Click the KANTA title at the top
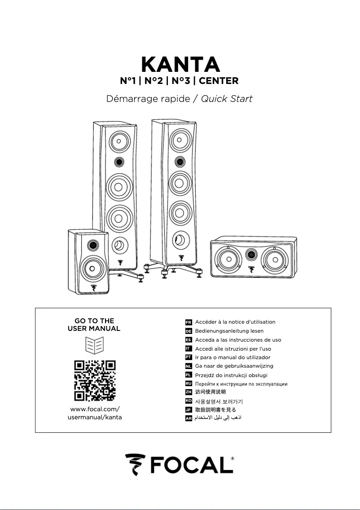pos(180,64)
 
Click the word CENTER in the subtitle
pos(219,81)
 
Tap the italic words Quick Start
pos(226,99)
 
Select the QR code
pos(95,380)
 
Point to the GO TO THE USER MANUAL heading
pos(94,325)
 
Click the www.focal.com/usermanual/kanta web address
pos(95,413)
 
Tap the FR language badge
pos(189,322)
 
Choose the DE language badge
pos(189,331)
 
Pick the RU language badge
pos(189,383)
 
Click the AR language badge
pos(189,418)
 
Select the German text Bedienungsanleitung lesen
pos(229,331)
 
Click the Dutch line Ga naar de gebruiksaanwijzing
pos(234,366)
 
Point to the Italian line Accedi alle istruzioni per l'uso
pos(233,349)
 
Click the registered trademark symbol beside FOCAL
pos(232,459)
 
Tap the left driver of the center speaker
pos(226,259)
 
